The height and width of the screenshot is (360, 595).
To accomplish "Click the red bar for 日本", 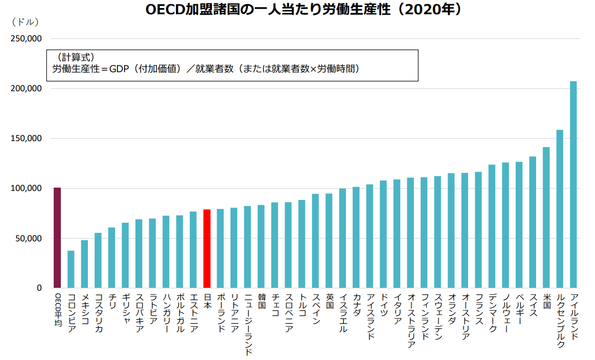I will point(207,248).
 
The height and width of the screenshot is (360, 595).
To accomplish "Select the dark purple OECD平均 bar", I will point(57,237).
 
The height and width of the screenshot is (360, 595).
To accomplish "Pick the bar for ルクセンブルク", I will point(560,209).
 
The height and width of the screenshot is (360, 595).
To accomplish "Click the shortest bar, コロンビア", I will point(71,269).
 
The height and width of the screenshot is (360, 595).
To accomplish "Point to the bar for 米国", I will point(546,218).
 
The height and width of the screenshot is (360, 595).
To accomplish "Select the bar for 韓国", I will point(261,246).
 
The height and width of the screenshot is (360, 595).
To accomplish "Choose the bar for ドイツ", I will point(383,234).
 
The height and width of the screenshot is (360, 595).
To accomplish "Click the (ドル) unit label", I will point(25,22).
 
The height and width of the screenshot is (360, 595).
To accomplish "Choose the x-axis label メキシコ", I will point(85,308).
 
